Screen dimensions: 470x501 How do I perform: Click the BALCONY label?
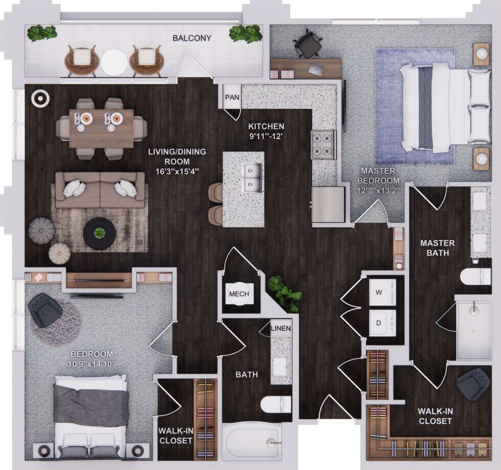tap(192, 38)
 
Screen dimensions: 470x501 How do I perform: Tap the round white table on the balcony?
tap(114, 62)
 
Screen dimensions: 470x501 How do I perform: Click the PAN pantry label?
tap(232, 97)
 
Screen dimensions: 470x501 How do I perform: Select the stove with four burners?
tap(324, 144)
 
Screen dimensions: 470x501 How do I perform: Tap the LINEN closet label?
tap(281, 328)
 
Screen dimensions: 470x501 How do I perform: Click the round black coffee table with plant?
tap(99, 233)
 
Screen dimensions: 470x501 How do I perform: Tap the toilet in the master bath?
tap(475, 278)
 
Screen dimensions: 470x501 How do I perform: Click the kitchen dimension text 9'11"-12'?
tap(266, 136)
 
